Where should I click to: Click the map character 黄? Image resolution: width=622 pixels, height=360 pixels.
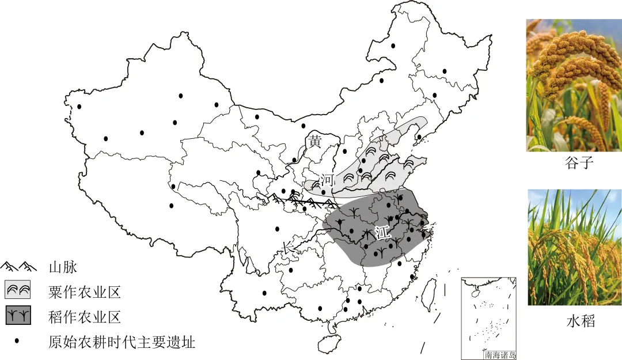tap(314, 141)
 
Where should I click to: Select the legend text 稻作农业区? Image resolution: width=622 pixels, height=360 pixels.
tap(85, 317)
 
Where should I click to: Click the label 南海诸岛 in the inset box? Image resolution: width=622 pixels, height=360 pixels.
tap(500, 355)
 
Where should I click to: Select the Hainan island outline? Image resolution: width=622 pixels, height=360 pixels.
tap(327, 344)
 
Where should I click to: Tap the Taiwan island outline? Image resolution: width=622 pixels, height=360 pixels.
tap(428, 294)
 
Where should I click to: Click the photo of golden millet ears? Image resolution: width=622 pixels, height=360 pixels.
tap(574, 85)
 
